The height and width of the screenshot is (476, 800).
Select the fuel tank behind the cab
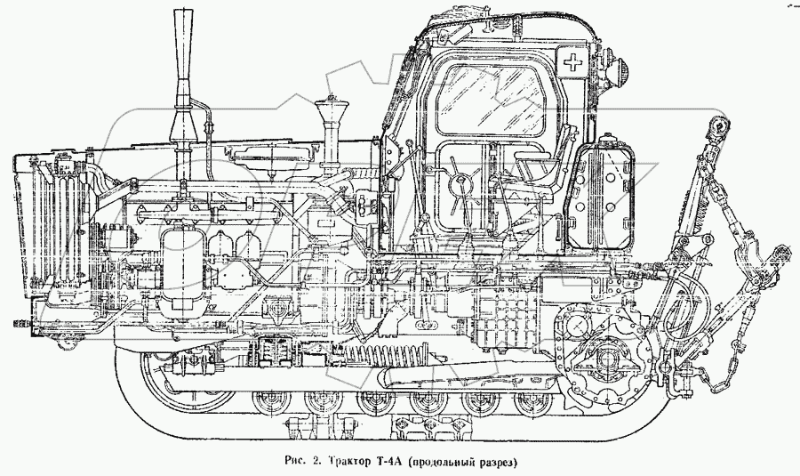pos(603,193)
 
